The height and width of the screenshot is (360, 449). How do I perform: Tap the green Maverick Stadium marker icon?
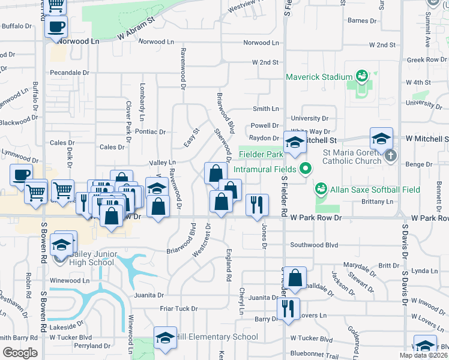[x=361, y=76]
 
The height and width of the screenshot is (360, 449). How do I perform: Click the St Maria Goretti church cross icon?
[x=391, y=156]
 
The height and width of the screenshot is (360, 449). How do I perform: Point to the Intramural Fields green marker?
[x=306, y=169]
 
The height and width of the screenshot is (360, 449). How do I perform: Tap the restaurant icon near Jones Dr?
[x=257, y=205]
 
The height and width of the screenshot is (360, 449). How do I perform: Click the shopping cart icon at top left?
[x=56, y=5]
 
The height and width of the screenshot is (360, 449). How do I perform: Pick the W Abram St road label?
[x=136, y=28]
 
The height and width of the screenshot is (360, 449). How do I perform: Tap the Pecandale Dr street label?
[x=70, y=72]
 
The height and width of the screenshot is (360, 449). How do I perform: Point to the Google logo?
[x=20, y=353]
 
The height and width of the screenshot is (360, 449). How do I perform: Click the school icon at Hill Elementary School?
[x=165, y=337]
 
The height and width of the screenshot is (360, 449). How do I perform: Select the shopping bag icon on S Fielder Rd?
[x=295, y=278]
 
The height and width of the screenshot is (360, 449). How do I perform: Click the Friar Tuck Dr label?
[x=179, y=308]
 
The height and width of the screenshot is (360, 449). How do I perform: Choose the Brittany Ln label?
[x=377, y=202]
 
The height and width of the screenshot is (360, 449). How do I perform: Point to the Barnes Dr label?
[x=362, y=20]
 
